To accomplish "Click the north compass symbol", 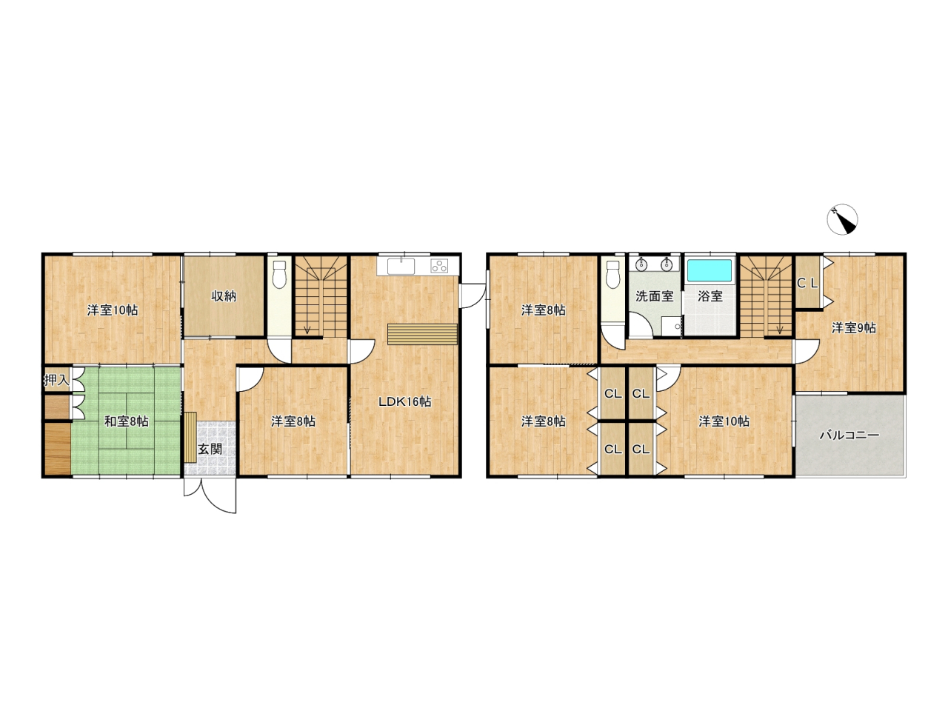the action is pos(842,219).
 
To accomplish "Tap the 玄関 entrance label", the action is pos(210,449).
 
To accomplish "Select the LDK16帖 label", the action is pos(404,402).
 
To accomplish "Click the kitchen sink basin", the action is pos(401,267).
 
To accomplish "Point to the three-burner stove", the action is pos(439,265).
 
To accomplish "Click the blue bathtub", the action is pos(710,270).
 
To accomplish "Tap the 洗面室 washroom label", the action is pos(654,296).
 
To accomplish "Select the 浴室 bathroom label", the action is pos(710,296).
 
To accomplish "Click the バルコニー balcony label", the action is pos(849,435).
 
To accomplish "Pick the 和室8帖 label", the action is pos(127,421).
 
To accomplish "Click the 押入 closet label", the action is pos(56,380).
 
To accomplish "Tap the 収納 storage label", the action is pos(224,296).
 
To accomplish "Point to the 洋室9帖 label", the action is pos(854,328).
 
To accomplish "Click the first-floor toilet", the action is pos(279,274).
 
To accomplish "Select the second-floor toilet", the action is pos(612,274).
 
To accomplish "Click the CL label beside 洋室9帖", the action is pos(807,283).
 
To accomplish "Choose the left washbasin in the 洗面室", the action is pos(641,264).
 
